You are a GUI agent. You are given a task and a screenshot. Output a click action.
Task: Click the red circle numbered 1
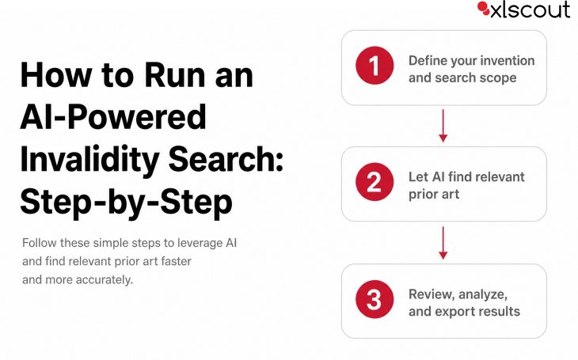click(375, 65)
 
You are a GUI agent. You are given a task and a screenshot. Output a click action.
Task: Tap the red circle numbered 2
click(375, 182)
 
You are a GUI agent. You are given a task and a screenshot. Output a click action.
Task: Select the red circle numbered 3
click(375, 299)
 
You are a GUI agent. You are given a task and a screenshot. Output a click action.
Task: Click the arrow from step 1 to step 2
click(443, 126)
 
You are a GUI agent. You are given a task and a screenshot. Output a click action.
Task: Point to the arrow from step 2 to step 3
click(443, 243)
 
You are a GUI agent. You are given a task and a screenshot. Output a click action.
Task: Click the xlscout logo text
click(530, 9)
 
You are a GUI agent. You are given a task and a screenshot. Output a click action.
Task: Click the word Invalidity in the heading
click(89, 160)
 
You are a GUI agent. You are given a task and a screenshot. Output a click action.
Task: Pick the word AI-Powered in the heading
click(113, 116)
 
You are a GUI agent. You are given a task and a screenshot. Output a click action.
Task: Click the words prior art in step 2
click(434, 195)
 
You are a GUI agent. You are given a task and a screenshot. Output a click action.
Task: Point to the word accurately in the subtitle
click(105, 280)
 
